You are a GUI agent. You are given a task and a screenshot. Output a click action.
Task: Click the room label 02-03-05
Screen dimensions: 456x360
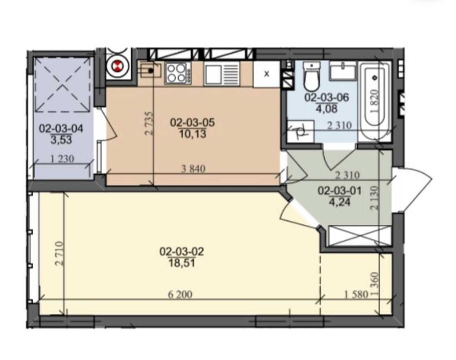pos(192,123)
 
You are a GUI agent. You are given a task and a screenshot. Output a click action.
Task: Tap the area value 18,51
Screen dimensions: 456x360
pos(182,263)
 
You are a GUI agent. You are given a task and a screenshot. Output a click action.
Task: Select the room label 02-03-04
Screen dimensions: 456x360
pos(61,128)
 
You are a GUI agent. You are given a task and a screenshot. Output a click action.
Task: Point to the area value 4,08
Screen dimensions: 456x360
pos(326,109)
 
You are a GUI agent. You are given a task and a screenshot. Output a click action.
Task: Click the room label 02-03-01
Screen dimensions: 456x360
pos(340,191)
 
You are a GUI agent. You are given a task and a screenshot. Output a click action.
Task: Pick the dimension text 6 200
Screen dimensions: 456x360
pos(180,295)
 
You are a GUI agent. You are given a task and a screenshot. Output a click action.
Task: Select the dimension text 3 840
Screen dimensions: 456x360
pos(193,169)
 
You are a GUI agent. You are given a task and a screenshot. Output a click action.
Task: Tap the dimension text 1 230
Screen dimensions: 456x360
pos(62,159)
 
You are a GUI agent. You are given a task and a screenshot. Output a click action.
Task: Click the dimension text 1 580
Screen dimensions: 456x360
pos(356,295)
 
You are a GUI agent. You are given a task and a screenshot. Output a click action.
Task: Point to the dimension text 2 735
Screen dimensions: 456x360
pos(149,123)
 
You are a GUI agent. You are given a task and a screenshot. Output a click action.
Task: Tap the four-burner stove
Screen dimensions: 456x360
pos(178,74)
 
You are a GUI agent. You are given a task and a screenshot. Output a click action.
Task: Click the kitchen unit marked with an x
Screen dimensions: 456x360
pos(267,74)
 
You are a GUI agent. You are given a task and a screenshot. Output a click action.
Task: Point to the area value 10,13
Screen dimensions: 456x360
pos(193,134)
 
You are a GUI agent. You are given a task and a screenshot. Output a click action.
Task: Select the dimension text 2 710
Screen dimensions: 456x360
pos(59,253)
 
